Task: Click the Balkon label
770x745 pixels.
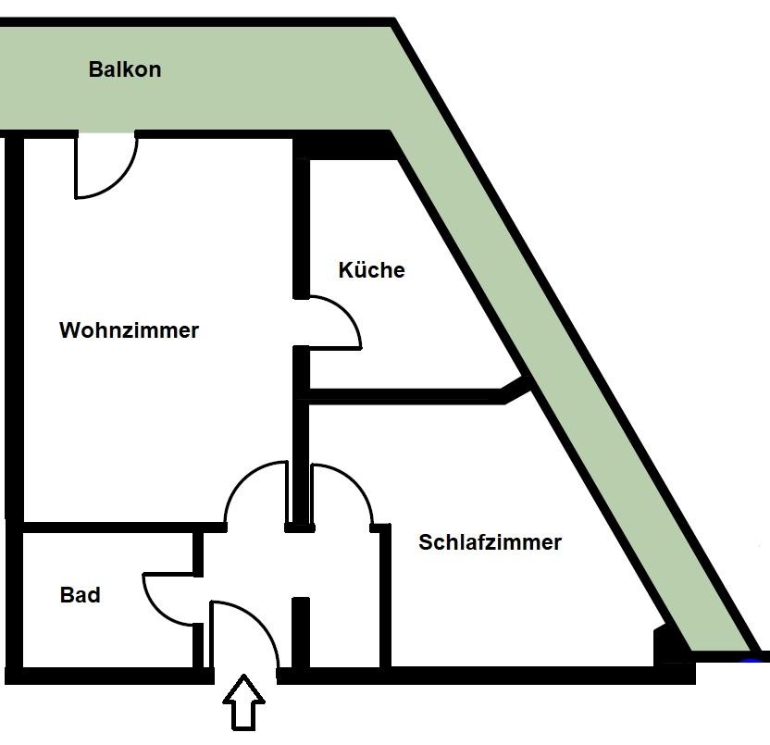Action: [125, 69]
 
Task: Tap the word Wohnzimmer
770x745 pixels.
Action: [129, 330]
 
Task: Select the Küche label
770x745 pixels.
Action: [371, 270]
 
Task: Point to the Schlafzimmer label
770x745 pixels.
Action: [490, 542]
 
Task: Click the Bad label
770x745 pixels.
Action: [81, 595]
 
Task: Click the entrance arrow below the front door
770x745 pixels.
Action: [244, 702]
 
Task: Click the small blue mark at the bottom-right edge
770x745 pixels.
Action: [751, 660]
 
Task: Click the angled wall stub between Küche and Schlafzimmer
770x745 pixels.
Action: [516, 390]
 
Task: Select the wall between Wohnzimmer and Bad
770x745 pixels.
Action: [106, 527]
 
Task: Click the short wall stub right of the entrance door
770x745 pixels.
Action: [300, 629]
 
